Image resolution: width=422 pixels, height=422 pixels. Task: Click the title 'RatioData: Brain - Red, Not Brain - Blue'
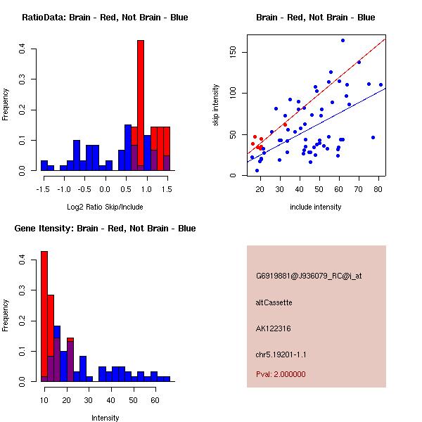tap(105, 18)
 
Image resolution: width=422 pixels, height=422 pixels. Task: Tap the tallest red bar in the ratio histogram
tap(141, 105)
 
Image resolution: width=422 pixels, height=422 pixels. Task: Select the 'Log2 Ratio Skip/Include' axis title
tap(105, 206)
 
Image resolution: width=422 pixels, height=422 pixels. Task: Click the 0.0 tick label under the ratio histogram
tap(105, 188)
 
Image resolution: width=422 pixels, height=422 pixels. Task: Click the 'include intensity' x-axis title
tap(315, 207)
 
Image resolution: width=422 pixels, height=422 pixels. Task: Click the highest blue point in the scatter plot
tap(343, 40)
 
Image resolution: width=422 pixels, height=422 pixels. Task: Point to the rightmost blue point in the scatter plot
tap(381, 84)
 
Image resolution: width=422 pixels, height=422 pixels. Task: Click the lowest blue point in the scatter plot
tap(257, 170)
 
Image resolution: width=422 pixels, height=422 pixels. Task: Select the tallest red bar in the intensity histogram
tap(44, 316)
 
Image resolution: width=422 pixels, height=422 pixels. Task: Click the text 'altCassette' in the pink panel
tap(274, 302)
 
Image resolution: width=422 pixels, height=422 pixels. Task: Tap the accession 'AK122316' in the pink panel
tap(274, 328)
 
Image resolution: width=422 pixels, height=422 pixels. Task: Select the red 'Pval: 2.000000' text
tap(280, 374)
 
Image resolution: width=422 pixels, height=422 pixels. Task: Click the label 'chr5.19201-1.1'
tap(281, 354)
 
